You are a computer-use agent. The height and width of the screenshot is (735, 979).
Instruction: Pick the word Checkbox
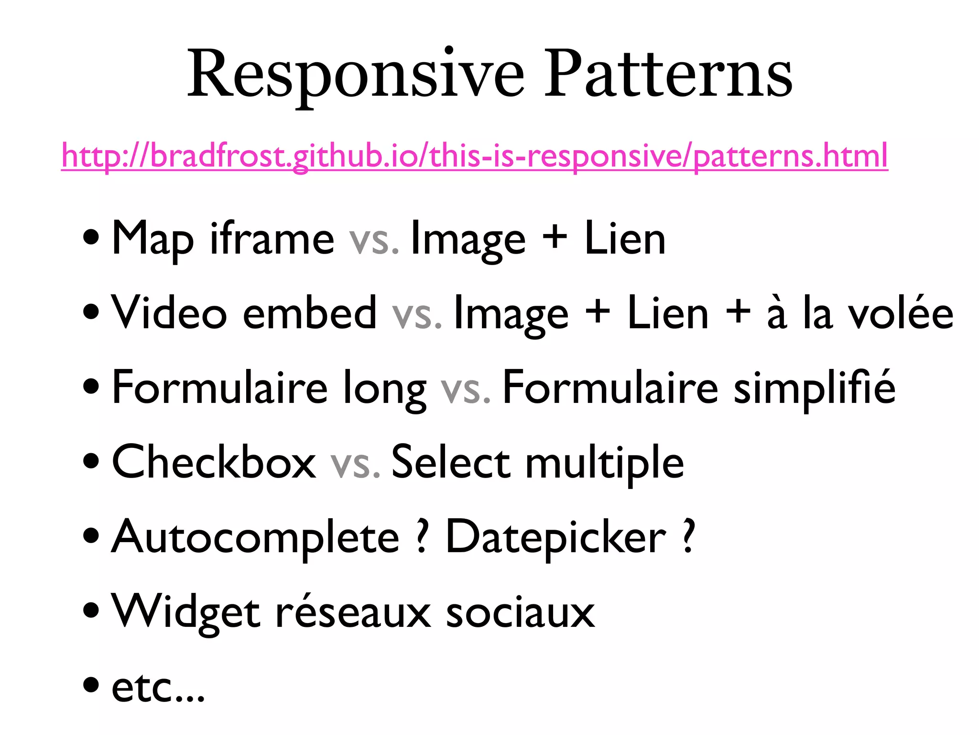click(214, 462)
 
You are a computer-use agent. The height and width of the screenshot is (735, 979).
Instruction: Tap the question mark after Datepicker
click(688, 536)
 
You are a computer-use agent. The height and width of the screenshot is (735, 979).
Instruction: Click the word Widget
click(186, 612)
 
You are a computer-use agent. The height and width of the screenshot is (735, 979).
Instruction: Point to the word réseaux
click(353, 612)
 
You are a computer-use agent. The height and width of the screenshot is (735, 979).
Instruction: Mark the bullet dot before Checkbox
click(91, 461)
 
